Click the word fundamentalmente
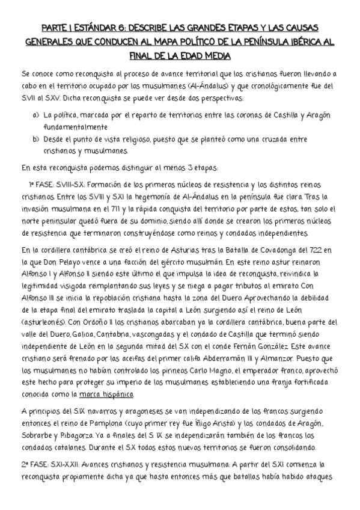click(75, 126)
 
